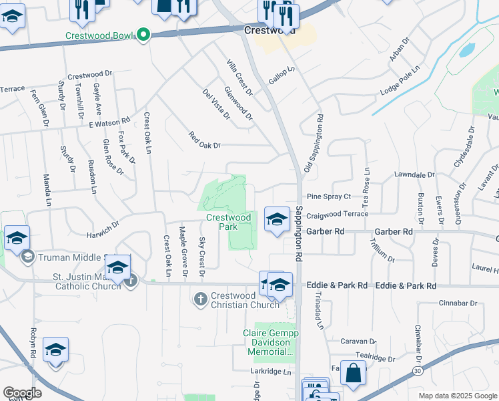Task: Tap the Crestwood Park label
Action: pos(228,221)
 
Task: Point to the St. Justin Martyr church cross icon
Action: pos(131,280)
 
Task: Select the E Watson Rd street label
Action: pos(108,123)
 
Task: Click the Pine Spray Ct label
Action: pos(328,196)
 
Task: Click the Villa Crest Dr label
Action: pos(239,78)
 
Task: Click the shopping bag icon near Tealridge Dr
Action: pos(353,373)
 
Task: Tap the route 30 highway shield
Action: pos(416,370)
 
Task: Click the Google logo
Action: pos(22,393)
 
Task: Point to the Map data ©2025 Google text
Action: pos(457,396)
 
